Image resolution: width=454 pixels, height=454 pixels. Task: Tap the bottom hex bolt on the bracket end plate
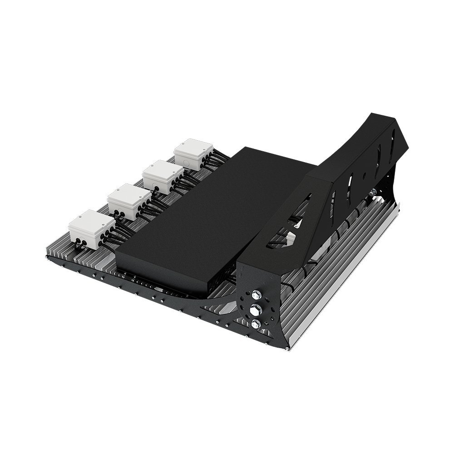pos(256,323)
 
